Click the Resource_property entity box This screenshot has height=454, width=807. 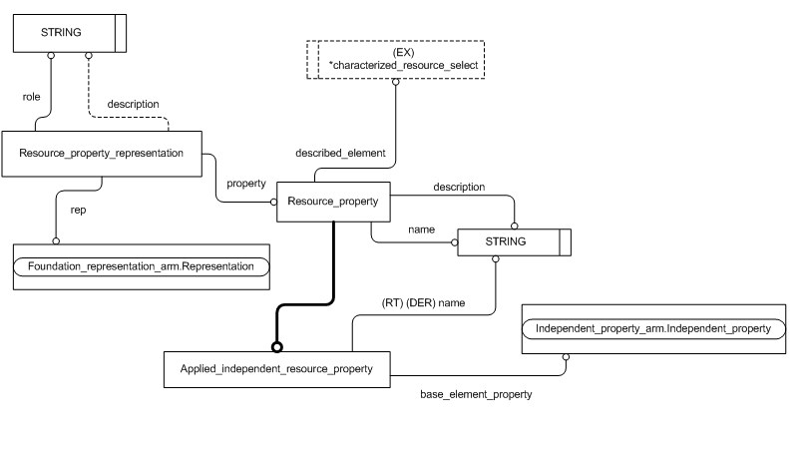point(332,202)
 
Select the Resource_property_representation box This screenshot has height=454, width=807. point(101,154)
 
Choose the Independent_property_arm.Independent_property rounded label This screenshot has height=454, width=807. point(652,329)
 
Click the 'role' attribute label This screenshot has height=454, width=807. point(31,97)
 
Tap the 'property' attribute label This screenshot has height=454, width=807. point(245,183)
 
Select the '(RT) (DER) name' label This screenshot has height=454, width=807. point(423,302)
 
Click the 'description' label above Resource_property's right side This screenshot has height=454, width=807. point(459,187)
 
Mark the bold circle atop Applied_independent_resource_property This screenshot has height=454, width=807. point(277,346)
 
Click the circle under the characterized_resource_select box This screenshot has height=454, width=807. point(395,81)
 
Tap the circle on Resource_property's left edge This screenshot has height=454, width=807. point(272,202)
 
